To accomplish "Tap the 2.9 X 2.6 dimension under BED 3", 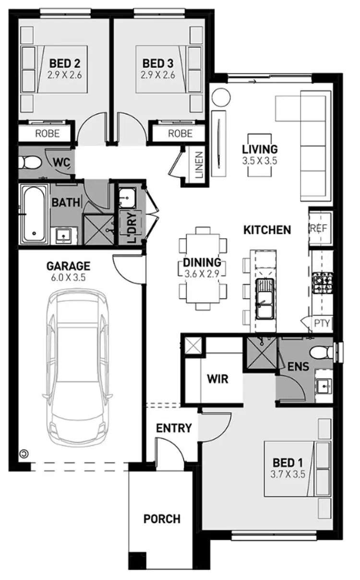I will coord(157,75).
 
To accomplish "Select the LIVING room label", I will coord(260,149).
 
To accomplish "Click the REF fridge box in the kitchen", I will coord(319,228).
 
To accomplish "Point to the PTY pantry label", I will coord(322,323).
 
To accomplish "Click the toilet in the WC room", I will coord(29,162).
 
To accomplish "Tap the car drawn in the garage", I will coord(78,370).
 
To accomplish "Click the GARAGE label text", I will coord(68,266).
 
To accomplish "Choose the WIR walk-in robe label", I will coord(217,379).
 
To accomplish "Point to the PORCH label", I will coord(162,519).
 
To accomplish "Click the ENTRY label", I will coord(174,428).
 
